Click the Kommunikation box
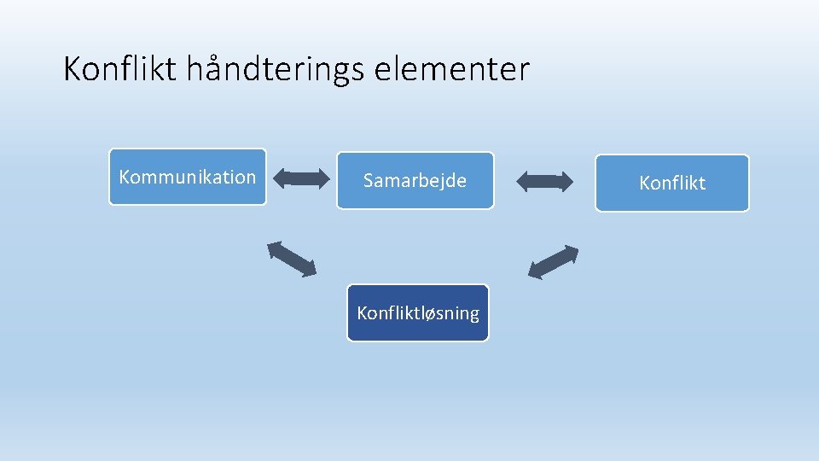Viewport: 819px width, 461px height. pos(188,177)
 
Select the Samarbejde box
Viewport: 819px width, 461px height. pos(415,180)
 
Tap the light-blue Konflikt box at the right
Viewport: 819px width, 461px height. pos(672,183)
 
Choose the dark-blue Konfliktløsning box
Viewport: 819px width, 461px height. pos(418,313)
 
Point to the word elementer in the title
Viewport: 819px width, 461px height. pos(452,69)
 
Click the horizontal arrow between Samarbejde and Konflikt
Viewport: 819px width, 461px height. pos(545,181)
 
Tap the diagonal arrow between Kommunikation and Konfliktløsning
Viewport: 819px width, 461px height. pos(292,259)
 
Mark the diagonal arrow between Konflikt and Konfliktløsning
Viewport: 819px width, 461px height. pos(553,262)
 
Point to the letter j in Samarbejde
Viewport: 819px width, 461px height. pos(442,181)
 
